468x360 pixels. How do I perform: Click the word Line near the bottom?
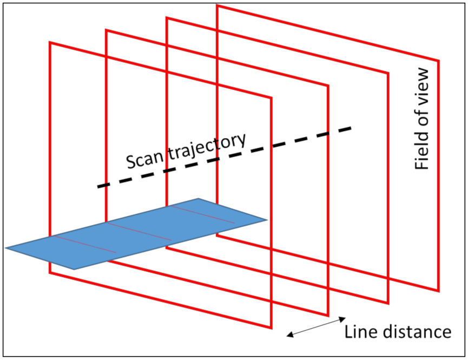[362, 331]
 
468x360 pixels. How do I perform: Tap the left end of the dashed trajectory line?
[98, 187]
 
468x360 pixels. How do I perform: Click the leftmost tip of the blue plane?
[6, 248]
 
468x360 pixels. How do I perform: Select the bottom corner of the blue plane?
[74, 269]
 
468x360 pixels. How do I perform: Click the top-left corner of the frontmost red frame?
[50, 43]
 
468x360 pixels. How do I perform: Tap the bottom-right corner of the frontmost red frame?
[271, 328]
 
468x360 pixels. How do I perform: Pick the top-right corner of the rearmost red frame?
[438, 61]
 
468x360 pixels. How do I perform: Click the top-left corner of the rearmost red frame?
[217, 6]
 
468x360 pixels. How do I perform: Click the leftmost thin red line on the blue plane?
[84, 244]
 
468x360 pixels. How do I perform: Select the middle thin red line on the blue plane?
[140, 231]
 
